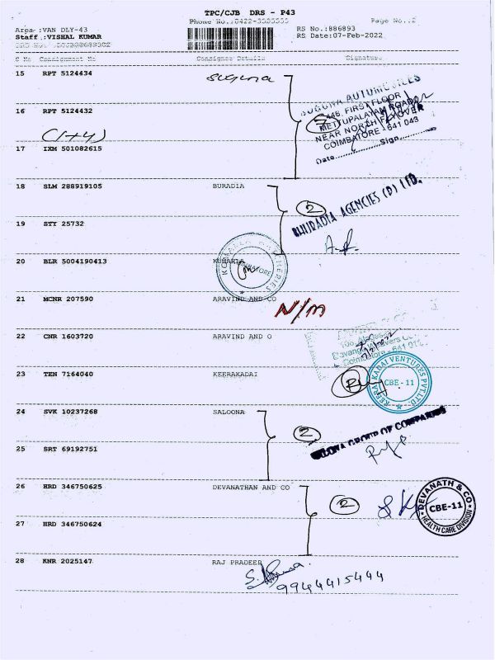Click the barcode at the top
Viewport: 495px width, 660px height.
coord(239,38)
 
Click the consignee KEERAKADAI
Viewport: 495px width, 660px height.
coord(234,374)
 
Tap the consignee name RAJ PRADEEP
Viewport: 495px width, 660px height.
coord(236,561)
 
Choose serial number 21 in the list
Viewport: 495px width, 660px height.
coord(21,299)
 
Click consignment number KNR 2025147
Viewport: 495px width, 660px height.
coord(68,561)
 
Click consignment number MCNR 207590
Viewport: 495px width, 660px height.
coord(68,299)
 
